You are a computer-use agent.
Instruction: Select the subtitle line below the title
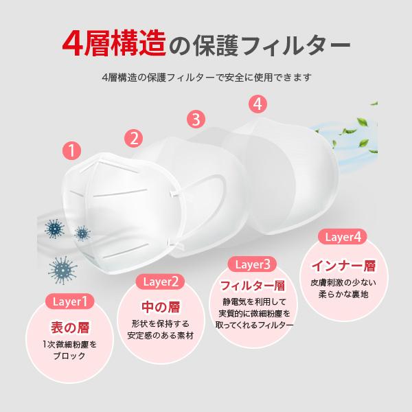click(x=206, y=77)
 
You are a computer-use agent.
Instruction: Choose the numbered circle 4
click(x=257, y=104)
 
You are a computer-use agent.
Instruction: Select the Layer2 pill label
click(x=161, y=282)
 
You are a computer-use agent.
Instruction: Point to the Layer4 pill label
click(x=341, y=238)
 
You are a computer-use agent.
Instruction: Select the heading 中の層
click(x=161, y=306)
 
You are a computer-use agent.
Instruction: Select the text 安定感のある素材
click(x=161, y=336)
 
